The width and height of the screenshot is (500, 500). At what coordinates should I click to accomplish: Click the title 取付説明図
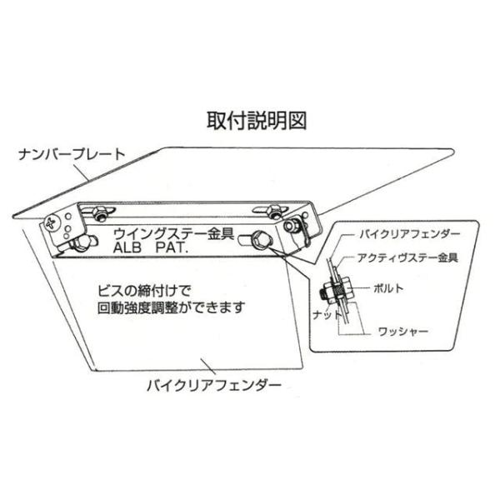[257, 121]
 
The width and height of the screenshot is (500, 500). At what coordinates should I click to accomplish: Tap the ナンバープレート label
[72, 154]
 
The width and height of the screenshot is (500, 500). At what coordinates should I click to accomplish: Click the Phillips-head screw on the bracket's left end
[51, 222]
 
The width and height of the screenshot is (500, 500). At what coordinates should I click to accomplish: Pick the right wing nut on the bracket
[271, 211]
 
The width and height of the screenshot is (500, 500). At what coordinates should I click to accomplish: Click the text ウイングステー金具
[174, 233]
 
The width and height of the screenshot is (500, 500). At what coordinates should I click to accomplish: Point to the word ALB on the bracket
[127, 247]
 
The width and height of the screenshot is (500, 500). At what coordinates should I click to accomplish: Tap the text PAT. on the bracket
[171, 247]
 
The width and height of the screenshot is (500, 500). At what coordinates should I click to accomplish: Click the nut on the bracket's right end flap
[291, 226]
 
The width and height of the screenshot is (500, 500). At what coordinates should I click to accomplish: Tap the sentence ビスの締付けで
[144, 291]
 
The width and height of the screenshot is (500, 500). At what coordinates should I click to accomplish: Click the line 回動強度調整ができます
[171, 307]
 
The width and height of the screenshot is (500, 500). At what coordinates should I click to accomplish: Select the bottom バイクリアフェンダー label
[214, 385]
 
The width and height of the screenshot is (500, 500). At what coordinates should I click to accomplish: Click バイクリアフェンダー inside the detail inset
[410, 233]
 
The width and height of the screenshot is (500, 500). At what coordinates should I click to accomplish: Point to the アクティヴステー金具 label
[408, 257]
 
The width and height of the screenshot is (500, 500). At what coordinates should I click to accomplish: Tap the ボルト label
[388, 288]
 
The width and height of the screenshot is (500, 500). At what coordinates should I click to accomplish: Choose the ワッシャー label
[403, 332]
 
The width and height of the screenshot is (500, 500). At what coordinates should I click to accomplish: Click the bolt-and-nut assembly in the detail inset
[336, 290]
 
